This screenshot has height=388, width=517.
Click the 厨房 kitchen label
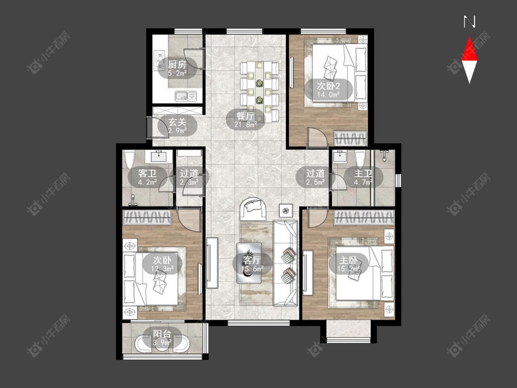pos(177,64)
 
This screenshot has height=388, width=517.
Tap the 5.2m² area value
pos(177,73)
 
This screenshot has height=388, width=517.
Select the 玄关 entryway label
pos(177,122)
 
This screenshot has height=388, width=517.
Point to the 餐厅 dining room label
pos(246,116)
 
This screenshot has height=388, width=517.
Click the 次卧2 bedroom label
pos(328,86)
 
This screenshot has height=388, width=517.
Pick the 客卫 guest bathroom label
pos(147,173)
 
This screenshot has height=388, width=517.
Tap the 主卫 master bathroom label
pos(363,173)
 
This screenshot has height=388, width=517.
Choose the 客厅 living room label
pos(252,260)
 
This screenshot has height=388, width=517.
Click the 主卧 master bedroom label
pos(348,260)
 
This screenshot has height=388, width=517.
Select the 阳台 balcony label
pos(162,334)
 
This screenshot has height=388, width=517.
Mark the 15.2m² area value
pos(348,269)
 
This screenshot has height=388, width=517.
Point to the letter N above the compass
pos(469,22)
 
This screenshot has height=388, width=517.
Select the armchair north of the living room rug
pos(253,209)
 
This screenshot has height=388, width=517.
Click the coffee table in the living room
pos(249,263)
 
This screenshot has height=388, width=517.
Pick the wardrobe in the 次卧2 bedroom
pos(350,138)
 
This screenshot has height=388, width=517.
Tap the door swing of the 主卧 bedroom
pos(316,218)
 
